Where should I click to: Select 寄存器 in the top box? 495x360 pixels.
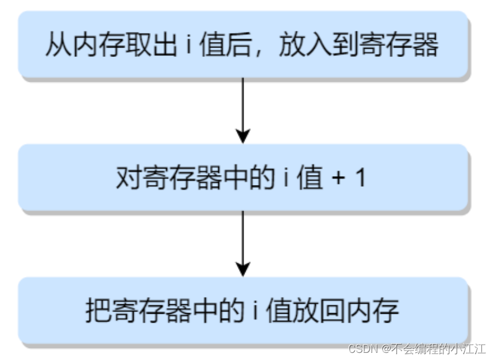[408, 46]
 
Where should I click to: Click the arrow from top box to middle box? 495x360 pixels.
[242, 110]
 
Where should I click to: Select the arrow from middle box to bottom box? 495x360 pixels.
[242, 243]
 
